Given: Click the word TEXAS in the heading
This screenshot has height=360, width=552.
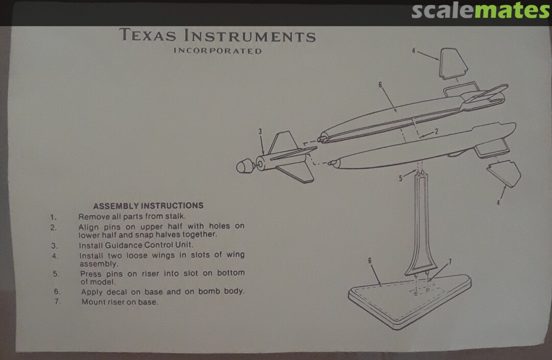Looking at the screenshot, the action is pos(148,35).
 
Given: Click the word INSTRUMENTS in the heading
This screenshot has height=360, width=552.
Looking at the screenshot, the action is pos(250,36).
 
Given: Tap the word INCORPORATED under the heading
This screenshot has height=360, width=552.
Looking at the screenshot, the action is pos(218,51).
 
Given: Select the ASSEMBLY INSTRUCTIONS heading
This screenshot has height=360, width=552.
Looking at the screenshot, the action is pos(148,206).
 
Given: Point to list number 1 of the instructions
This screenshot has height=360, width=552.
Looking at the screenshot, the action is pos(53,217).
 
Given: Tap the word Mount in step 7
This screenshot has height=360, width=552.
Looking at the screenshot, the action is pos(93,302).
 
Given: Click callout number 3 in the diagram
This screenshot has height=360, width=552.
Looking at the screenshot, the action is pos(260,131).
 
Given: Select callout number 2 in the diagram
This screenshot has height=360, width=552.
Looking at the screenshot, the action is pos(436,131).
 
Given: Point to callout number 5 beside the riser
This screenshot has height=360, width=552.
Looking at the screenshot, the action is pos(400,178).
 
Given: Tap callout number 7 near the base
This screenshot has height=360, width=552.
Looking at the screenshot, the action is pos(450,262).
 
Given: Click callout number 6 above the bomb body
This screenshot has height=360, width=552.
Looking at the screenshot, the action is pos(380,85).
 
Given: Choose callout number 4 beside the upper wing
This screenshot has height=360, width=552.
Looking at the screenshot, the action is pos(413,51).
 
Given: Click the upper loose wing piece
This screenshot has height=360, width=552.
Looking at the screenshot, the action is pos(453,63).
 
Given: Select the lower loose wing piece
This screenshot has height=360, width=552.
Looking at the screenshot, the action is pos(504,173).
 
